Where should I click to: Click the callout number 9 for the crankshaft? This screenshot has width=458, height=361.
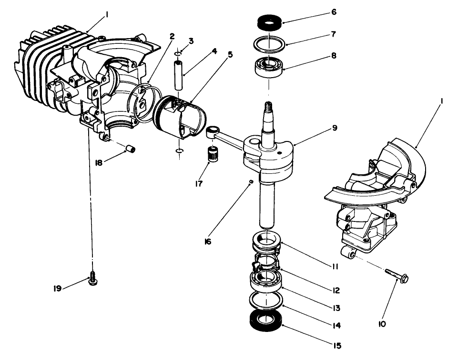click(x=335, y=128)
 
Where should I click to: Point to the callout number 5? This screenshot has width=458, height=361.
click(x=230, y=54)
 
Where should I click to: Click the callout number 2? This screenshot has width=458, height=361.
click(x=172, y=36)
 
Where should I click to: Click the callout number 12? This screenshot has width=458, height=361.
click(x=337, y=290)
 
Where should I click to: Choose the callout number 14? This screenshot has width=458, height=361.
click(x=337, y=326)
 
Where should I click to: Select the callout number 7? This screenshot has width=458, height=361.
click(x=334, y=34)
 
